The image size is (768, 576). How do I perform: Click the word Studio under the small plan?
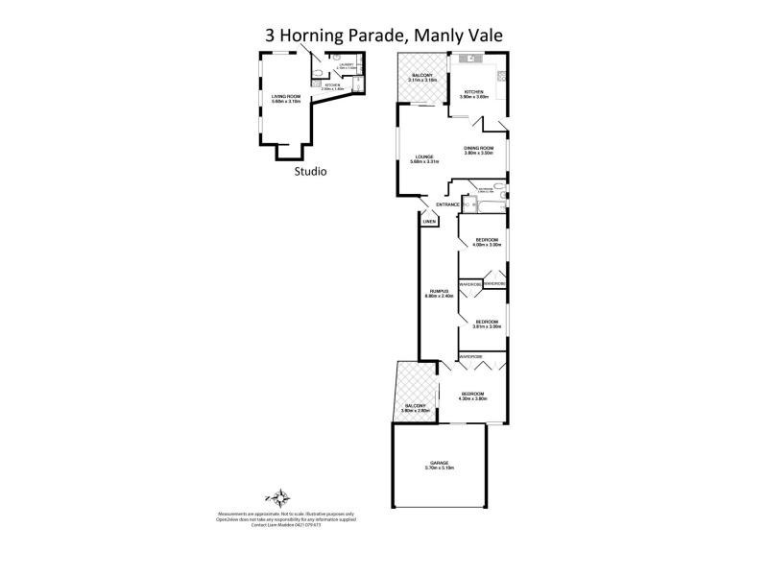[x=310, y=173]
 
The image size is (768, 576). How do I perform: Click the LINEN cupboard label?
[x=429, y=222]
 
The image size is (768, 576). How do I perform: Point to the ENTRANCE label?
[x=447, y=205]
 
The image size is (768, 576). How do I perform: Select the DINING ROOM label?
[x=478, y=150]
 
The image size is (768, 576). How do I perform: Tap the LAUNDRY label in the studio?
[x=346, y=66]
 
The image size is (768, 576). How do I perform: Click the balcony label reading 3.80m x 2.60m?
[x=415, y=409]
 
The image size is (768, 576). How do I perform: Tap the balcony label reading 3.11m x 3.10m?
[x=423, y=77]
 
